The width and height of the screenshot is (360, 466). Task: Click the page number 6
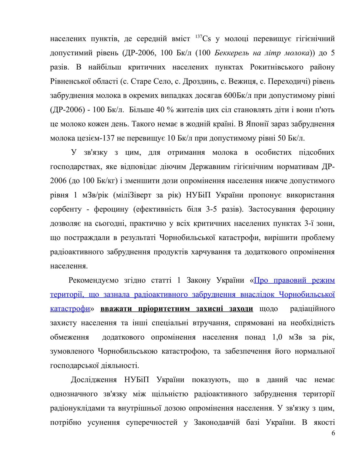coord(333,433)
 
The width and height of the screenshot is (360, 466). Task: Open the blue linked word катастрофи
coord(70,309)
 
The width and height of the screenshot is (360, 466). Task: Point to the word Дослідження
coord(94,380)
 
